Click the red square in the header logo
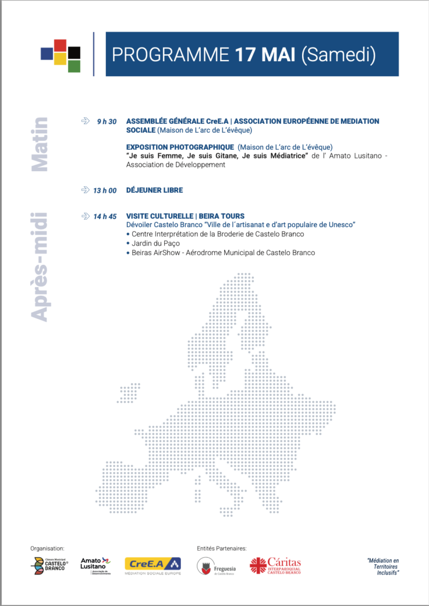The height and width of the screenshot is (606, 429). pyautogui.click(x=60, y=45)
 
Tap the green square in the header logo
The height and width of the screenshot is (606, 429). pyautogui.click(x=74, y=66)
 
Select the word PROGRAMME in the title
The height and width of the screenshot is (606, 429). pyautogui.click(x=170, y=54)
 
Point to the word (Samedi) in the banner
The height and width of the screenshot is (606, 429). pyautogui.click(x=338, y=54)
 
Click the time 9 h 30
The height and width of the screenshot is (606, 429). pyautogui.click(x=107, y=121)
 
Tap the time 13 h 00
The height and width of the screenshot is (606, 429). pyautogui.click(x=105, y=190)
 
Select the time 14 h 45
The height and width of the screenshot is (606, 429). pyautogui.click(x=105, y=216)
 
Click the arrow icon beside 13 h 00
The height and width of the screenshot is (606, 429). pyautogui.click(x=85, y=190)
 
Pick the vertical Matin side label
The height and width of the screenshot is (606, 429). pyautogui.click(x=39, y=144)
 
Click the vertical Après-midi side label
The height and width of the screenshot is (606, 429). pyautogui.click(x=39, y=267)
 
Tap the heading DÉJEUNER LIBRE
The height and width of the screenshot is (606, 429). pyautogui.click(x=154, y=190)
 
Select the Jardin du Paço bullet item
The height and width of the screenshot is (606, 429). pyautogui.click(x=156, y=243)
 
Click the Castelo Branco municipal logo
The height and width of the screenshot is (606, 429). pyautogui.click(x=49, y=565)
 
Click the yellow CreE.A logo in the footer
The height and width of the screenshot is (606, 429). pyautogui.click(x=153, y=565)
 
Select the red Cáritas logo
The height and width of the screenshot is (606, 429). pyautogui.click(x=275, y=565)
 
